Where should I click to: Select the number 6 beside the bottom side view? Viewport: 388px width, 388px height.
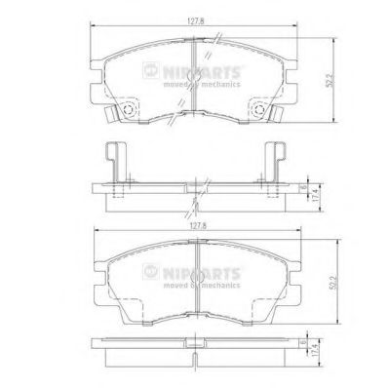[x=305, y=342]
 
